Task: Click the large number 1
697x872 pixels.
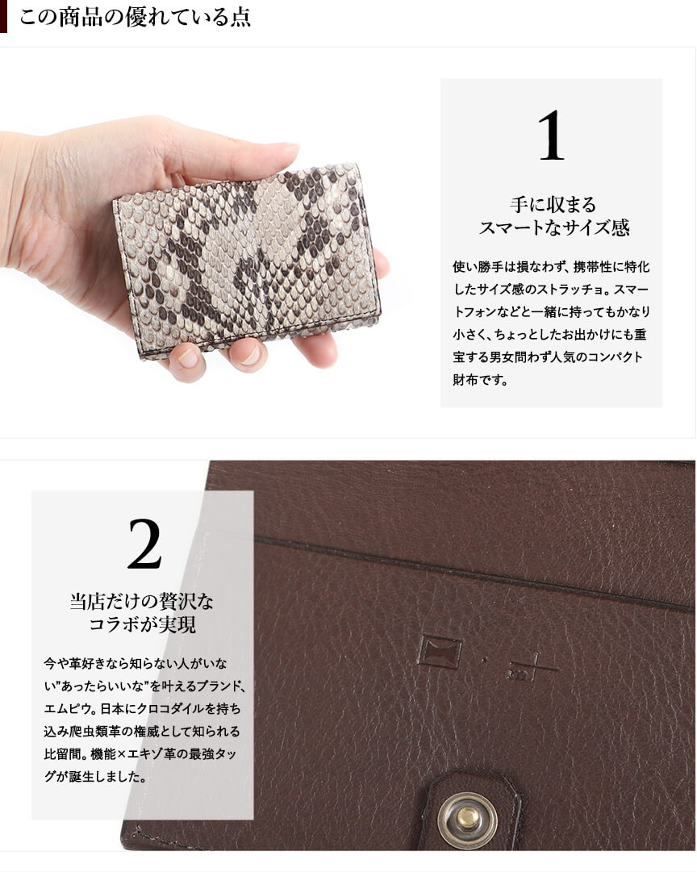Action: pyautogui.click(x=551, y=136)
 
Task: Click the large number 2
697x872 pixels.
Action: pyautogui.click(x=144, y=544)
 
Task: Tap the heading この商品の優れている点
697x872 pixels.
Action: pyautogui.click(x=136, y=17)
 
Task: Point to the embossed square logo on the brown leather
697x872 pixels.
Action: pyautogui.click(x=440, y=651)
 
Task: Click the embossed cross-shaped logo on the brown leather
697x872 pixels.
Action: pyautogui.click(x=532, y=665)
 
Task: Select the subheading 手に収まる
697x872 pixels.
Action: pyautogui.click(x=553, y=205)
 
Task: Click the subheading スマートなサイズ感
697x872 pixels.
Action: pyautogui.click(x=554, y=227)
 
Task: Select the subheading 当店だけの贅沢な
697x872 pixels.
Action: pyautogui.click(x=142, y=601)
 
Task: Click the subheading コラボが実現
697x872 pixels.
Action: pyautogui.click(x=143, y=624)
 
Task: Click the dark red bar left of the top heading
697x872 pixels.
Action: pyautogui.click(x=3, y=16)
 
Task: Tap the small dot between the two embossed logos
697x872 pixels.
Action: pyautogui.click(x=485, y=660)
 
